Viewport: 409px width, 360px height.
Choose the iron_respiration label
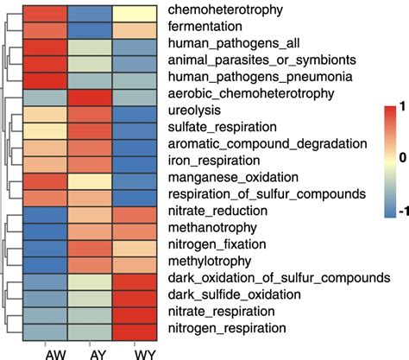point(212,161)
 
